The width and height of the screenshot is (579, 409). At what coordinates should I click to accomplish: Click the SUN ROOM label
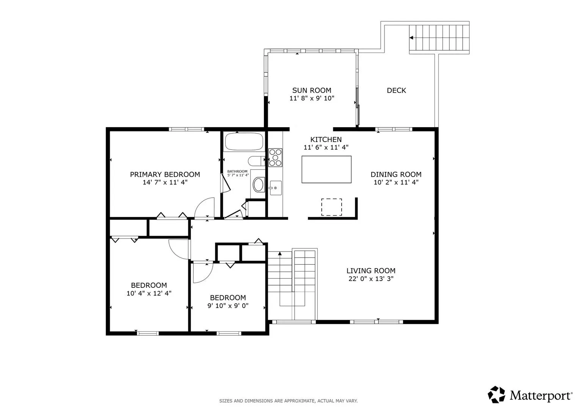312,91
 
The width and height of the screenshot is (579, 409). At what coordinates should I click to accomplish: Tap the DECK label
396,91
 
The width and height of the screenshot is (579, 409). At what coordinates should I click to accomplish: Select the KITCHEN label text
326,139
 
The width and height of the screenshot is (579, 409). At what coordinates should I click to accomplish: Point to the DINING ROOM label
396,175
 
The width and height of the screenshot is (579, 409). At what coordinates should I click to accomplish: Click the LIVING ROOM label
371,271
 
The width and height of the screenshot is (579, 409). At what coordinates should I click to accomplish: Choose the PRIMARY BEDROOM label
165,175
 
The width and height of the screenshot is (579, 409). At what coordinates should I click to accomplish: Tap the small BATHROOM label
237,171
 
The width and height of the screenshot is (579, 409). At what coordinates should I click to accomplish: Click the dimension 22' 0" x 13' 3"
371,279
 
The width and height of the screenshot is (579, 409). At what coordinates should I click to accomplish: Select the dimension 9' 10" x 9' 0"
228,306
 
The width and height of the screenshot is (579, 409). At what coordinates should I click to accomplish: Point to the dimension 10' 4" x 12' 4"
149,293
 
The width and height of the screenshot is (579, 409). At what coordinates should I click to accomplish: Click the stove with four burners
275,158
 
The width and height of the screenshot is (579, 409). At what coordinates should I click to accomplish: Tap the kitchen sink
276,188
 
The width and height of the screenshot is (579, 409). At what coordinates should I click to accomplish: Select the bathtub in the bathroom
244,142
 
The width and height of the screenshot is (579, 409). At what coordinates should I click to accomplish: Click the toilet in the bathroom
256,161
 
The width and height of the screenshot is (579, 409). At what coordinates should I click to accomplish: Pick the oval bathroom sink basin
259,184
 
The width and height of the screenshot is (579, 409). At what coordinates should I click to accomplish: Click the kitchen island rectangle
326,169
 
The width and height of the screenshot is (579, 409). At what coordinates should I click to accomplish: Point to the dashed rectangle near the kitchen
332,207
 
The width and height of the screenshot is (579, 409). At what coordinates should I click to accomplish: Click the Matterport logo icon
496,395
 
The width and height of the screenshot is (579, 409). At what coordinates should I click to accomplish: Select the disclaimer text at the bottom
289,401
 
